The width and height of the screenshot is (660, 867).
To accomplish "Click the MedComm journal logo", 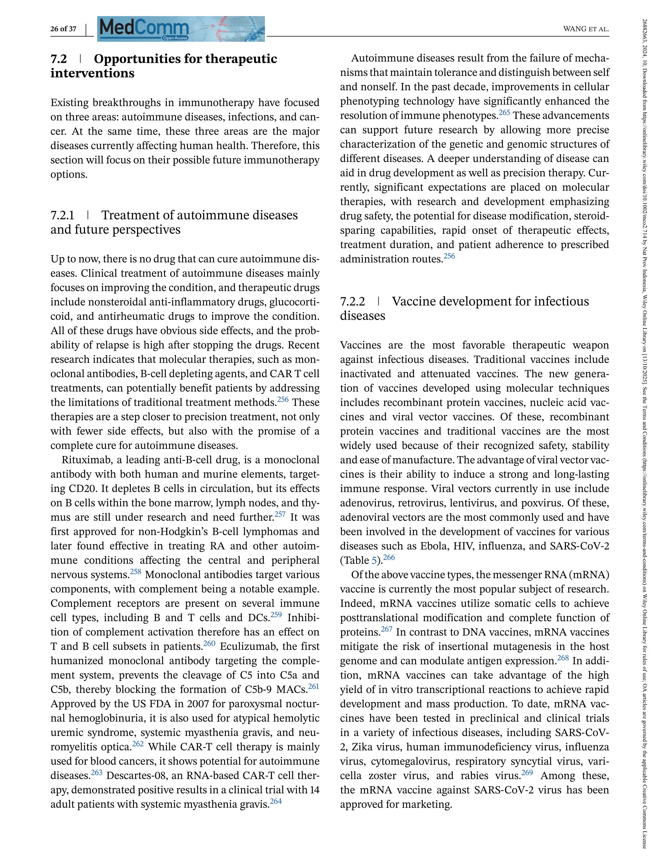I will [144, 27].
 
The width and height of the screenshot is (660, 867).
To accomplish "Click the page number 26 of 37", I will [63, 29].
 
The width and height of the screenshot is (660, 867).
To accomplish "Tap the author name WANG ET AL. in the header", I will [586, 29].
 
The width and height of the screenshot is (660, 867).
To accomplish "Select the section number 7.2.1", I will [62, 215].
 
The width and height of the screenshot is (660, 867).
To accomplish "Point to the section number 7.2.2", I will [352, 301].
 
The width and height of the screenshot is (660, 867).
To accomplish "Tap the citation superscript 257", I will [280, 514].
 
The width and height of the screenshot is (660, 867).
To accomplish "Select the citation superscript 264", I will [276, 801].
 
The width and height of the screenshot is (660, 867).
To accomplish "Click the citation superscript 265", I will [504, 113].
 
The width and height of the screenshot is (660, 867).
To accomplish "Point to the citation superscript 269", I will [527, 772].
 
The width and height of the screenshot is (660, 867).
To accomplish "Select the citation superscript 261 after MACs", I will [314, 686].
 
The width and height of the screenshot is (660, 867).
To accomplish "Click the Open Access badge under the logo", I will [175, 38].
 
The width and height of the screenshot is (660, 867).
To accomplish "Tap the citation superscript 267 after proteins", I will [387, 629].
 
